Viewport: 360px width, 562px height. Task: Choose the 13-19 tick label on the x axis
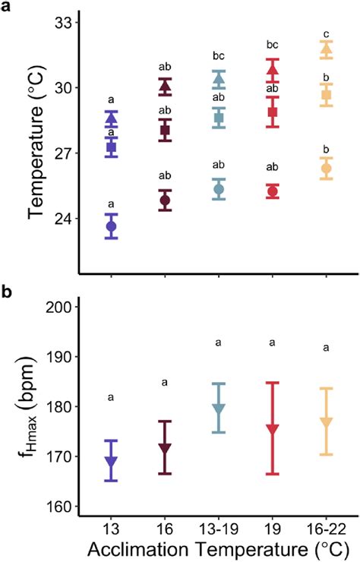click(219, 526)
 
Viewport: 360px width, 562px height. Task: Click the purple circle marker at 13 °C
click(112, 226)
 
